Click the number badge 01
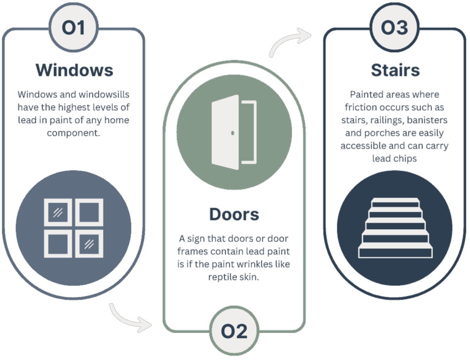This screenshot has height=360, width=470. click(74, 28)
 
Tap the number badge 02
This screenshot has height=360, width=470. click(234, 331)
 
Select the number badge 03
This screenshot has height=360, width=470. click(394, 28)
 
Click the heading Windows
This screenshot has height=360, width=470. click(74, 70)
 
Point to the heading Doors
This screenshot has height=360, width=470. click(234, 214)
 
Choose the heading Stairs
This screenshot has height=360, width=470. click(395, 70)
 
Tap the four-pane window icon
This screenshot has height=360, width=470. click(74, 227)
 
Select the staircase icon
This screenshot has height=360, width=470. click(394, 228)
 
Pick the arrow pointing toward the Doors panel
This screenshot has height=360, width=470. click(130, 318)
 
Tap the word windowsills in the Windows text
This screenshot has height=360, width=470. click(103, 95)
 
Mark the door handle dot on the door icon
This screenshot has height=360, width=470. click(233, 133)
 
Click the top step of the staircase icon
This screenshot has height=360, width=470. click(394, 202)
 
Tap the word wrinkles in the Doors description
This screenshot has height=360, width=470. click(255, 265)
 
